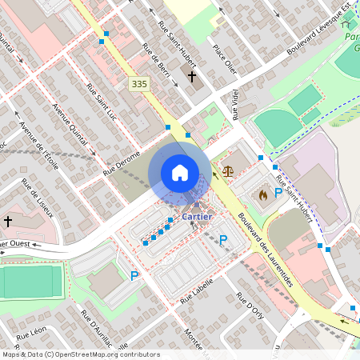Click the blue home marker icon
(180, 173)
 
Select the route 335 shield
(139, 84)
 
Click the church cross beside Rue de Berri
(192, 77)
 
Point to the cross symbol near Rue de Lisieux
(8, 221)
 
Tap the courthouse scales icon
(230, 170)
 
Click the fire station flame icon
(261, 193)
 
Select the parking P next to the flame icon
(278, 193)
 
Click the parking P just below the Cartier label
(223, 239)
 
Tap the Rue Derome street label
(122, 162)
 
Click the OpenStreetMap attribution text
(81, 354)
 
